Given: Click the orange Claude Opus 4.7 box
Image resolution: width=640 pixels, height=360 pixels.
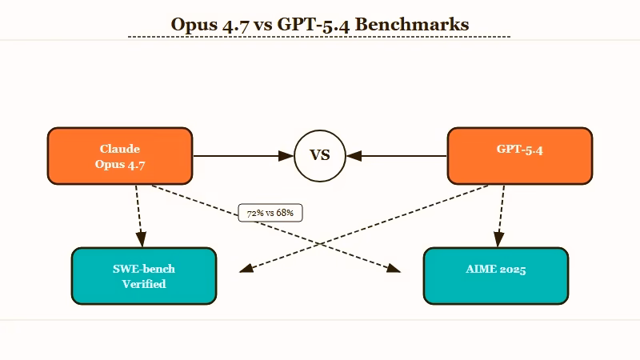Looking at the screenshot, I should pos(120,156).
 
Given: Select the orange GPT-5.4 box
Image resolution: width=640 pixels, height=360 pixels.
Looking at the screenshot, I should pos(519,155).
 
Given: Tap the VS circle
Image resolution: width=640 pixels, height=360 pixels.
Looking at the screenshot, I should pos(319,155).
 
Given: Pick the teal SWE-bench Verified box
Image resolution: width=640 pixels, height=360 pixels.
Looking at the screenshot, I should pos(144,276).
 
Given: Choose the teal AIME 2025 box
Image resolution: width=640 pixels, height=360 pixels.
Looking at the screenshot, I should pos(495,276).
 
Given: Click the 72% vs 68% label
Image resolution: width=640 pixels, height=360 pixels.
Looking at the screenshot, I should pos(270,214).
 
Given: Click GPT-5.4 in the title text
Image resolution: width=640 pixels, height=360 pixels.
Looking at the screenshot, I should pos(313,24).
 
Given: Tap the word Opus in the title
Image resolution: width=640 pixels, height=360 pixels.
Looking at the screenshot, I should pos(196,24).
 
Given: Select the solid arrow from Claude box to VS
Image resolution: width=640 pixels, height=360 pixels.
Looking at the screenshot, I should pos(240,155).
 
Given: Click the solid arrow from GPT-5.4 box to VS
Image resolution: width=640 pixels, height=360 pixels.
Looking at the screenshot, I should pos(400,155).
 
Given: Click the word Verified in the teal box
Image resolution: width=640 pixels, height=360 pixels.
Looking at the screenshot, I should pos(144,284).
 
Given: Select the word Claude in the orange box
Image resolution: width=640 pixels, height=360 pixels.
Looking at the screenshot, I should pos(120,149).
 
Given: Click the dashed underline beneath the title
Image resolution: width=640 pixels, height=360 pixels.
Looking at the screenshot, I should pos(319,37).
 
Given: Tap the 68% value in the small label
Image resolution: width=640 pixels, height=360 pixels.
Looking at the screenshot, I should pos(285,214).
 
